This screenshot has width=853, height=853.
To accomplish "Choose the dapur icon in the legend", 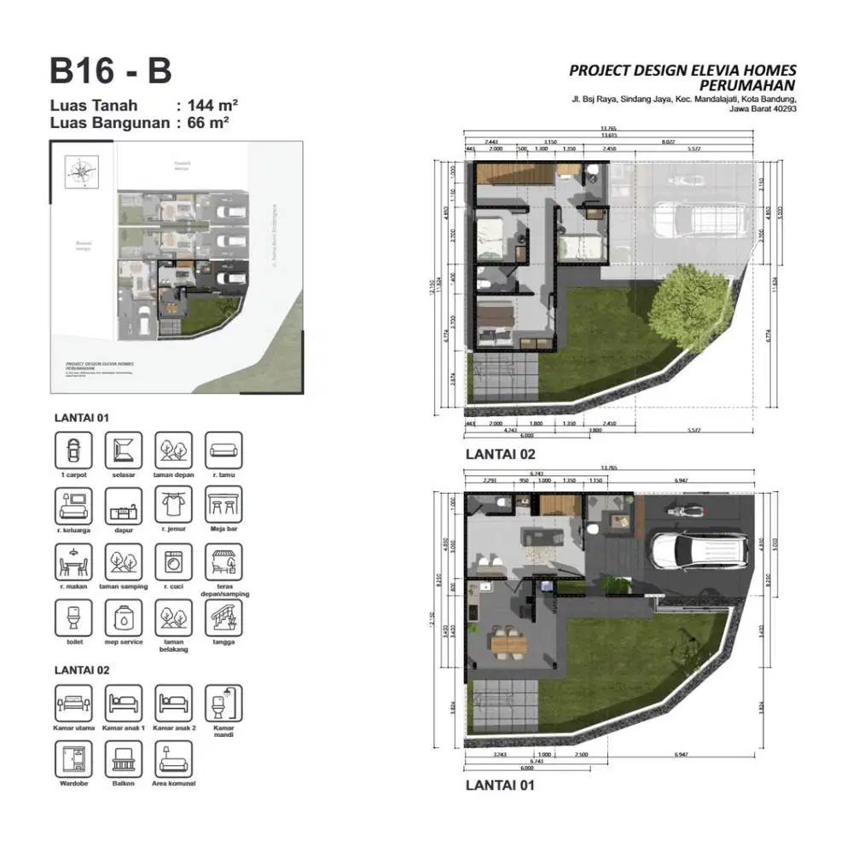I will click(124, 505).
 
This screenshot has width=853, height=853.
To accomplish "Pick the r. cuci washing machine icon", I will click(173, 562).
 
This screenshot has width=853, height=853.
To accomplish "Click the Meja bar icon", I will click(223, 505).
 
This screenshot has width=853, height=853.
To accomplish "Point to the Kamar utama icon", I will click(73, 703).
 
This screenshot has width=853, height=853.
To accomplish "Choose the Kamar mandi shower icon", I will click(223, 703).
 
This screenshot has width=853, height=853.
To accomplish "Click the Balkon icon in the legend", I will click(124, 758).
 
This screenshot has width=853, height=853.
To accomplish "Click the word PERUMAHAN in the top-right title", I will click(747, 85).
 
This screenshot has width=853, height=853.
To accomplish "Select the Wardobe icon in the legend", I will click(73, 758).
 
